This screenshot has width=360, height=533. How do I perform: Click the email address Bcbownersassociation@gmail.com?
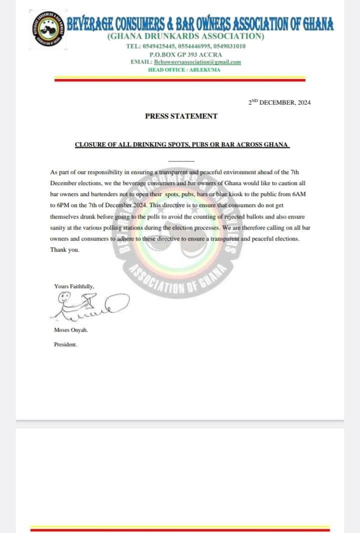[x=198, y=62]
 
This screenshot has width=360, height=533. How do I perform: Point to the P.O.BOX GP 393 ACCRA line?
[x=186, y=54]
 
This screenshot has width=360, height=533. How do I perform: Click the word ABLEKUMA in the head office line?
[x=207, y=69]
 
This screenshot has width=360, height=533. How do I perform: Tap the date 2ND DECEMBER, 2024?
[x=279, y=103]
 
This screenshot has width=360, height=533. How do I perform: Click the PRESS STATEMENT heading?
[x=181, y=117]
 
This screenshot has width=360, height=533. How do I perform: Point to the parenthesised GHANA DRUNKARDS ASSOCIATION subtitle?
[x=186, y=36]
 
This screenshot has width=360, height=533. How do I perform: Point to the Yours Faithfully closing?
[x=74, y=286]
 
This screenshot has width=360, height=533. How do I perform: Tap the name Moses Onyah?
[x=71, y=330]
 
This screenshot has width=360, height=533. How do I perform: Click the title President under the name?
[x=66, y=345]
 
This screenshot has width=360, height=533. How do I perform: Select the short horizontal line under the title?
[x=181, y=161]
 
